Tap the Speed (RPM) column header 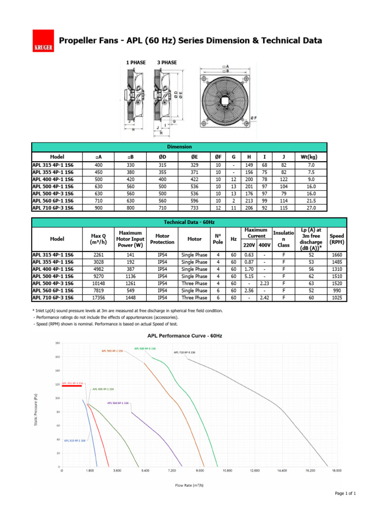[x=337, y=239]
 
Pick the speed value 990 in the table [x=337, y=290]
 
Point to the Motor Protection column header [x=162, y=239]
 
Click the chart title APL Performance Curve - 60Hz [x=189, y=336]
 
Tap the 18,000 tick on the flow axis [x=336, y=471]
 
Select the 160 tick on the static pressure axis [x=57, y=357]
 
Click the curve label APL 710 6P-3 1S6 [x=184, y=353]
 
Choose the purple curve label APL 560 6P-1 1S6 [x=118, y=403]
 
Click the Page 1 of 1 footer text [x=345, y=494]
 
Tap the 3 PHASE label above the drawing [x=167, y=63]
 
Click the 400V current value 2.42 [x=265, y=298]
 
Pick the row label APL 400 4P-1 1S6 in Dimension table [x=53, y=179]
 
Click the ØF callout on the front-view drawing [x=254, y=117]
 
